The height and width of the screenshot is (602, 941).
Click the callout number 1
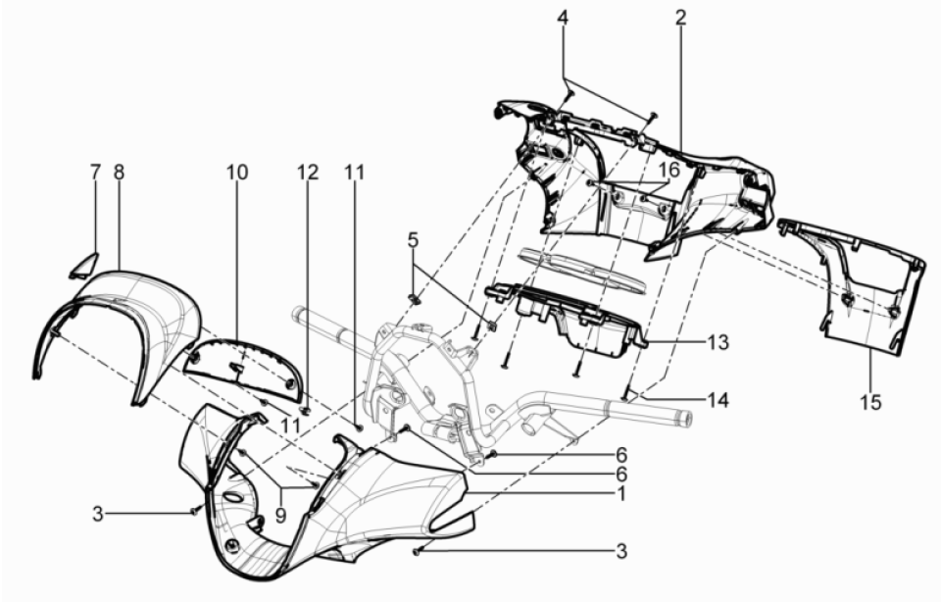620,496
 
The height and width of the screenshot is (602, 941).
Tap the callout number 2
680,17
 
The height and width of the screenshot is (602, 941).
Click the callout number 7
95,172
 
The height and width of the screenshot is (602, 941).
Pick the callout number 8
119,172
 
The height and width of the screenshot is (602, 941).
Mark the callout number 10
237,172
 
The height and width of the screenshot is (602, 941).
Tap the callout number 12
309,172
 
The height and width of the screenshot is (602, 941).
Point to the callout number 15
871,401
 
